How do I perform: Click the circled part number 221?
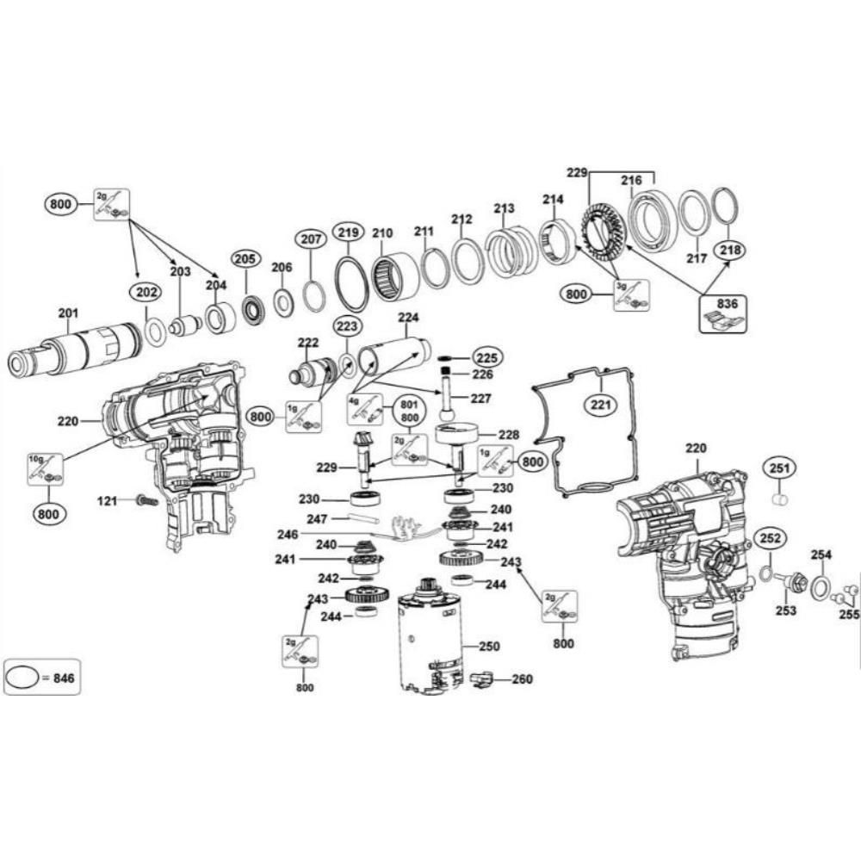599,403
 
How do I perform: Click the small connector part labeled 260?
485,680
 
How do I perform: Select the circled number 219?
347,232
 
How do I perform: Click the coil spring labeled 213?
509,251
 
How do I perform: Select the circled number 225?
486,356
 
